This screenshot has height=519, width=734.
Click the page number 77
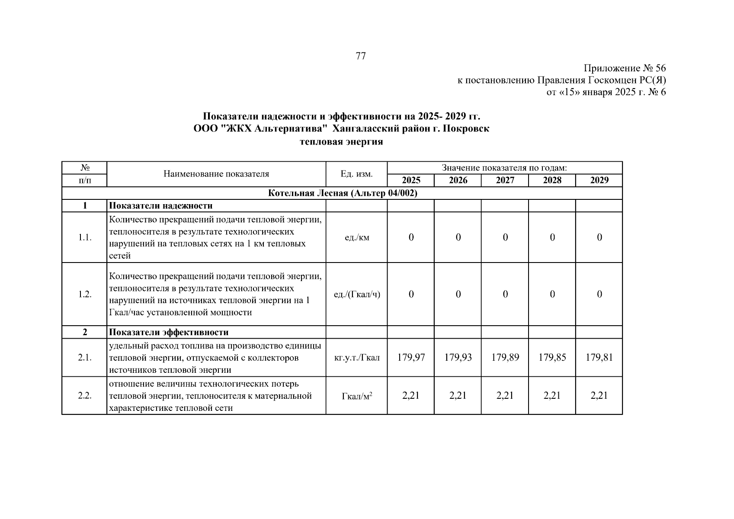(360, 56)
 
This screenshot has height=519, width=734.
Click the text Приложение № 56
(625, 68)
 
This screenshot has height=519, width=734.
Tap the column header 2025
(411, 180)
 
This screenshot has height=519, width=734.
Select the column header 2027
(505, 180)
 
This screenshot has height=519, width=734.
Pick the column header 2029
(599, 180)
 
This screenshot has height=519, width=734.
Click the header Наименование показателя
(216, 174)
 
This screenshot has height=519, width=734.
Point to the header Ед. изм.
(356, 174)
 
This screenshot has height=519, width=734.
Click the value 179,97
(411, 357)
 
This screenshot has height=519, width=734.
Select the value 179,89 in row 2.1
(505, 357)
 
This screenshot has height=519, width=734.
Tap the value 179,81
(599, 357)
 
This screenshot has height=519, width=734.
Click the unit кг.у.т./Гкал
(357, 358)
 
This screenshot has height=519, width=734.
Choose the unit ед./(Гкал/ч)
(357, 295)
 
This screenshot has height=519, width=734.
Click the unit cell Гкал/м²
(357, 396)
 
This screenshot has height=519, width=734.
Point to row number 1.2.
(85, 295)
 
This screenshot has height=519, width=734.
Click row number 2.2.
(85, 396)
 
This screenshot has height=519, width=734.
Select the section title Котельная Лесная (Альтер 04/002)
(343, 193)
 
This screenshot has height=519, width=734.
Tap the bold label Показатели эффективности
(169, 332)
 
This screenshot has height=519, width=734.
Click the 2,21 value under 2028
(552, 395)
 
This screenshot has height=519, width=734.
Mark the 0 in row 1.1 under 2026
(458, 237)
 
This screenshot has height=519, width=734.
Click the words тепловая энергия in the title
(341, 142)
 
